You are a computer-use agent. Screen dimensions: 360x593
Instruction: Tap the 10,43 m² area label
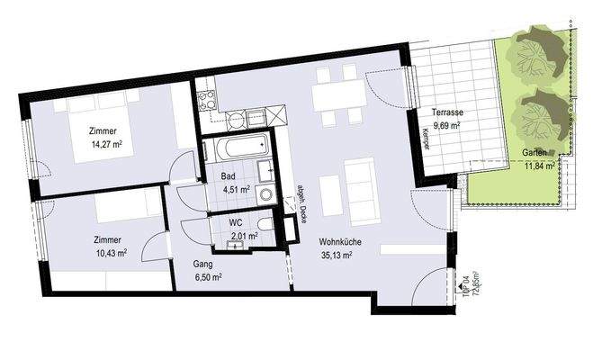pyautogui.click(x=110, y=253)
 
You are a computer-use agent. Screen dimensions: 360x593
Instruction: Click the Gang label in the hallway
pyautogui.click(x=202, y=265)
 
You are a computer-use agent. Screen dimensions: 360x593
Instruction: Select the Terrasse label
pyautogui.click(x=446, y=112)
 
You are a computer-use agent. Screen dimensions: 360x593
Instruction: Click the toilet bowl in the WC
pyautogui.click(x=262, y=224)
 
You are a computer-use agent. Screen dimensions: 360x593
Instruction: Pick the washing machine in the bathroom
pyautogui.click(x=265, y=193)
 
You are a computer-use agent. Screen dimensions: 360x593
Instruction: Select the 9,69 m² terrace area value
pyautogui.click(x=446, y=125)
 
